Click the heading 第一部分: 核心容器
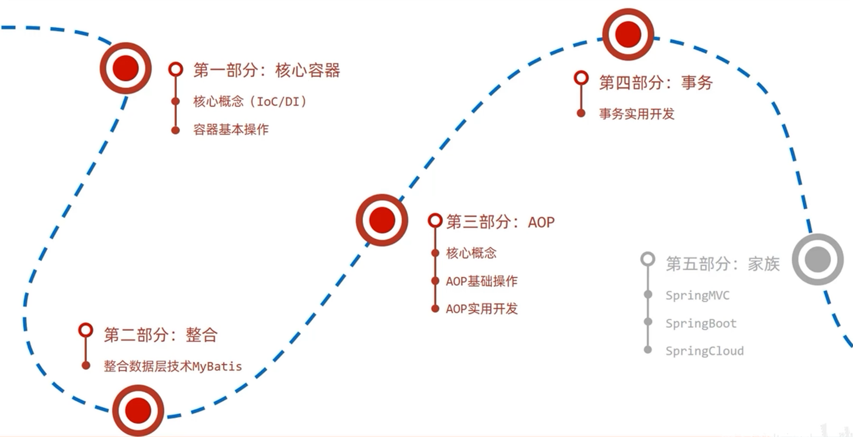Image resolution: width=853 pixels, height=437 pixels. pos(266,70)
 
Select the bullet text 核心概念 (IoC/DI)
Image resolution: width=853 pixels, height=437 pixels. pos(250,101)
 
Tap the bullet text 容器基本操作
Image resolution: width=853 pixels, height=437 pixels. pos(231,130)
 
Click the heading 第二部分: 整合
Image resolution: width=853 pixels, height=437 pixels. pos(160,334)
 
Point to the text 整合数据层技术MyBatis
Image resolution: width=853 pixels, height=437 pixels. pos(173,366)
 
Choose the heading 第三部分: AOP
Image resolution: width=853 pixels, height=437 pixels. pos(500,222)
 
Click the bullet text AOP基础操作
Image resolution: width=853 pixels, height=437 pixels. pos(481,281)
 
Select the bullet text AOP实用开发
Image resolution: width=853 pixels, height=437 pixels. pos(481,309)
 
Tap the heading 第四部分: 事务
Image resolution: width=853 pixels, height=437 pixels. pos(655,83)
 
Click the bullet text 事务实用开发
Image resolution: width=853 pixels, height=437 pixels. pos(637,113)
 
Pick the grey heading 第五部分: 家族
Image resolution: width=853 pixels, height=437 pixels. pos(722,264)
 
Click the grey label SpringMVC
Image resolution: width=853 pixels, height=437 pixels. pos(697,295)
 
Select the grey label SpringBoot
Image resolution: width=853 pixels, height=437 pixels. pos(701,324)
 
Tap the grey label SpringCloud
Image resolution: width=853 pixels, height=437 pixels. pos(704,351)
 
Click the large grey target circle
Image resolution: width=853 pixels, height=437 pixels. pos(817,259)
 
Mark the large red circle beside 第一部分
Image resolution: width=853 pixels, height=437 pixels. pos(126,68)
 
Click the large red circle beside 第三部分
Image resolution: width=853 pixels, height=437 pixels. pos(382,219)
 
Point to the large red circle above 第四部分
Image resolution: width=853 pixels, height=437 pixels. pos(628,34)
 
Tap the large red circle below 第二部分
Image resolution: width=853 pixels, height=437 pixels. pos(138,410)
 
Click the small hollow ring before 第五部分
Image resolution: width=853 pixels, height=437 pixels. pos(647,259)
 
